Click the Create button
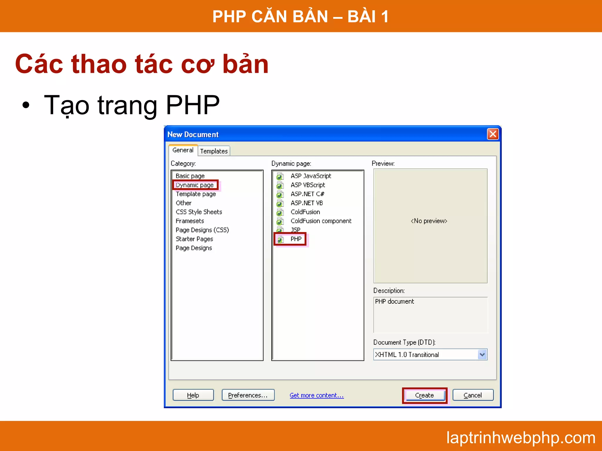tap(424, 395)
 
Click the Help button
tap(193, 395)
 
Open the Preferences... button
tap(248, 395)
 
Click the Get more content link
tap(317, 395)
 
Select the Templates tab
tap(214, 151)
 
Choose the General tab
tap(183, 150)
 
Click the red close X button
tap(493, 134)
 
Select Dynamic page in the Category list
tap(195, 185)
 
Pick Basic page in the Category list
tap(190, 176)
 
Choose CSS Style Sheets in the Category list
tap(199, 212)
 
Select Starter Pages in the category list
tap(194, 239)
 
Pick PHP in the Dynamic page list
tap(296, 239)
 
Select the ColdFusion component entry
tap(321, 221)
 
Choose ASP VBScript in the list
tap(307, 185)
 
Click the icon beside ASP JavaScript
tap(280, 176)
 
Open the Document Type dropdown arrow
tap(482, 354)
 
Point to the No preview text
tap(429, 221)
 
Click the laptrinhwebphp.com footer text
tap(521, 437)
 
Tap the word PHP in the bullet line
tap(193, 105)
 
